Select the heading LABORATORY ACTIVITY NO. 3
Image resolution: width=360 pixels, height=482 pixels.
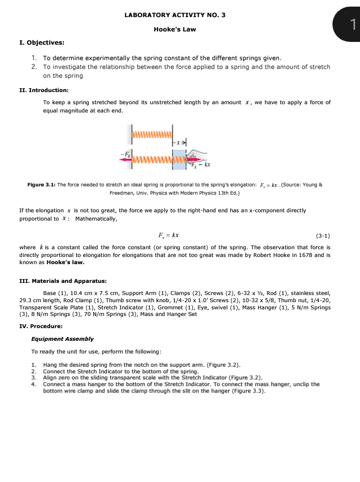point(175,15)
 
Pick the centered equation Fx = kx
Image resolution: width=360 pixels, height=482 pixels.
point(168,235)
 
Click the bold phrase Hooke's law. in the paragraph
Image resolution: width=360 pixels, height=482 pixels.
point(62,263)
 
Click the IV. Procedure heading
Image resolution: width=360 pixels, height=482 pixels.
point(40,326)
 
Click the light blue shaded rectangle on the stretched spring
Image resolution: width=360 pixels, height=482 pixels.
point(180,159)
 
